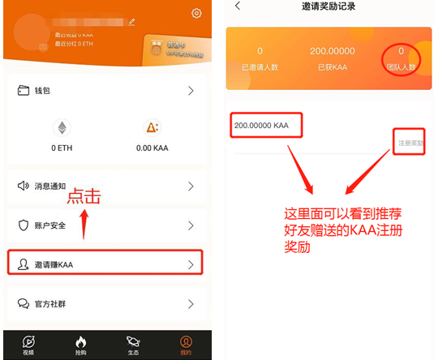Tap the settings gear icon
point(196,13)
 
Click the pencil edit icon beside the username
point(132,24)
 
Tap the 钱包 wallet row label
point(41,91)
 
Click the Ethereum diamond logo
point(62,127)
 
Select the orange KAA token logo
point(150,127)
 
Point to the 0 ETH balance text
point(62,148)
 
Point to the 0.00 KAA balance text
point(150,148)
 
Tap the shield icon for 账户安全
point(24,225)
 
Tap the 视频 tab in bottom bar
point(28,345)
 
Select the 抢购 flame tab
point(80,345)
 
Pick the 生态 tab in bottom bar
point(133,345)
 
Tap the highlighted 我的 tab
point(186,345)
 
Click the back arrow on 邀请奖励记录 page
point(238,6)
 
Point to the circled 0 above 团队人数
point(401,51)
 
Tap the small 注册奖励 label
point(410,143)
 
